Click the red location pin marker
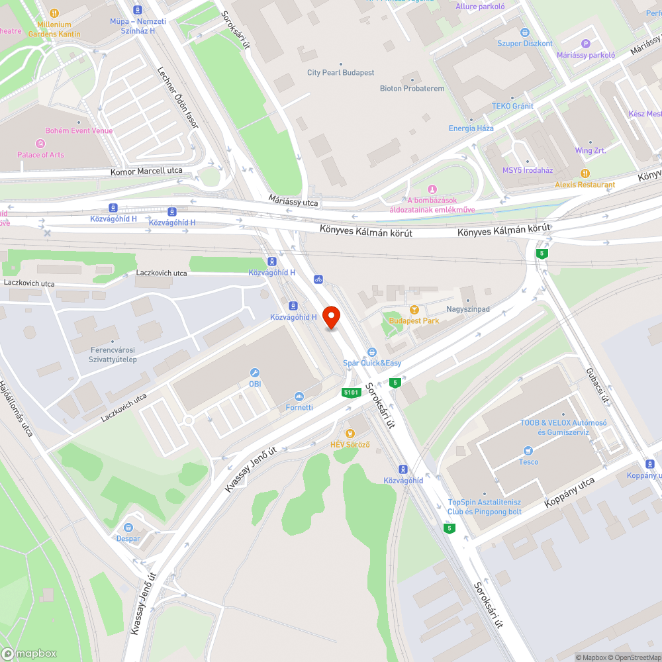[x=330, y=317]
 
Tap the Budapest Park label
[x=414, y=321]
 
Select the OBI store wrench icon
[x=255, y=373]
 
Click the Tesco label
[x=528, y=461]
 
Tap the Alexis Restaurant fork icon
[x=585, y=173]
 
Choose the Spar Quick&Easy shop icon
[x=372, y=352]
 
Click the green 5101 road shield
[x=351, y=393]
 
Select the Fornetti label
[x=299, y=407]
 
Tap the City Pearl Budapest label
[x=341, y=73]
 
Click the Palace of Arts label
[x=41, y=155]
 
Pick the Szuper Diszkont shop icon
[x=525, y=32]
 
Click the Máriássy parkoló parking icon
[x=585, y=44]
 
